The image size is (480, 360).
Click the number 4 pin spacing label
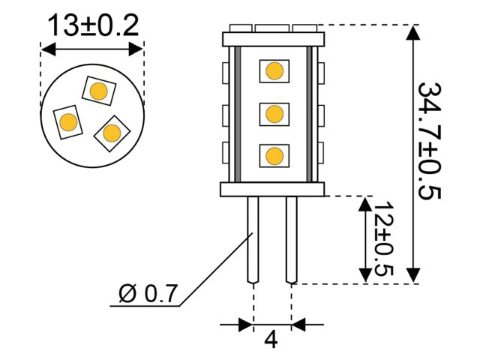click(271, 340)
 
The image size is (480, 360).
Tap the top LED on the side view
click(274, 72)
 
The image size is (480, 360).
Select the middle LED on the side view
click(274, 115)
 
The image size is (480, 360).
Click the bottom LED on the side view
click(274, 156)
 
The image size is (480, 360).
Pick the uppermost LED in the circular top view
click(97, 91)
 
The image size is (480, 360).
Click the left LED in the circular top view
click(67, 121)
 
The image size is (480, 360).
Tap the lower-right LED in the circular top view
click(112, 133)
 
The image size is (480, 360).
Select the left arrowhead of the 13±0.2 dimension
click(47, 50)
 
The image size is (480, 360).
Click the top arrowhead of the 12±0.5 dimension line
click(365, 203)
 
